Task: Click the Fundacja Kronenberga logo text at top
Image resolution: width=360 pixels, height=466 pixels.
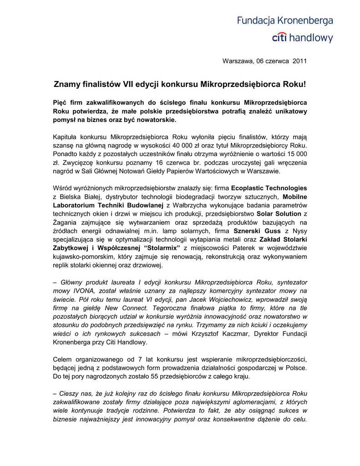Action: [x=284, y=21]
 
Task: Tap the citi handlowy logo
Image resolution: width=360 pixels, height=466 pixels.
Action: [x=302, y=38]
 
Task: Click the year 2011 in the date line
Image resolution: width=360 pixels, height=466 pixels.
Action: [x=299, y=61]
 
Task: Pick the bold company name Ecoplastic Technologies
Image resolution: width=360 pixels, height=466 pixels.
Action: [x=269, y=188]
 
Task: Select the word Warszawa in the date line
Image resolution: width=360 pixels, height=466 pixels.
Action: [x=237, y=61]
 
